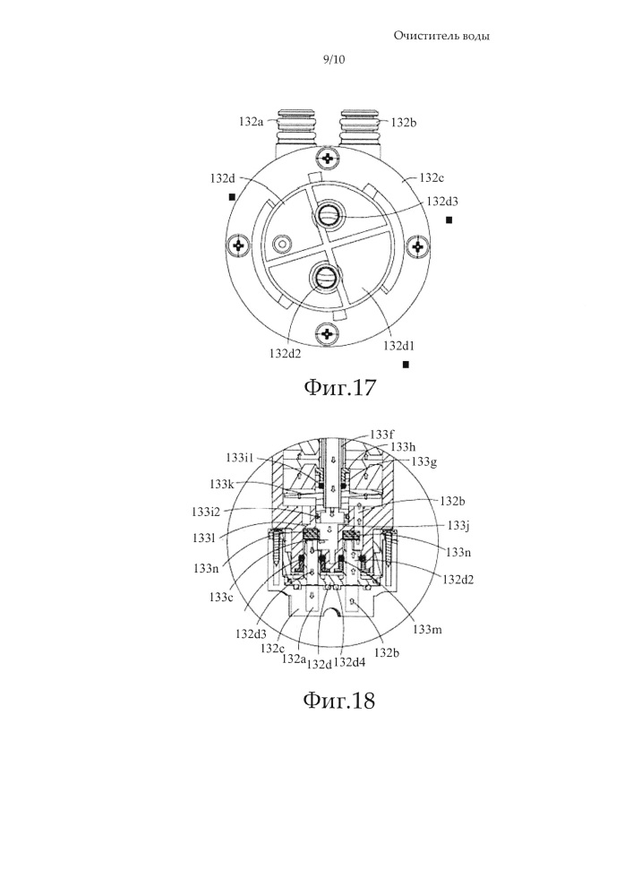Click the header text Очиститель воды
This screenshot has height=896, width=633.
[x=441, y=37]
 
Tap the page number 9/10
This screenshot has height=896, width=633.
[x=334, y=59]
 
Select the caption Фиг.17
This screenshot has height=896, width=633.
[x=339, y=387]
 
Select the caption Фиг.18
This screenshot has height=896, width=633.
[x=339, y=700]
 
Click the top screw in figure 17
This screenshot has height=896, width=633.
[x=328, y=157]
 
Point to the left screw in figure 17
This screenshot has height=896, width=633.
[x=238, y=246]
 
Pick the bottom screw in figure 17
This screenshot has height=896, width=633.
[x=328, y=333]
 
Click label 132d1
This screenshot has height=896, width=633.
[x=399, y=346]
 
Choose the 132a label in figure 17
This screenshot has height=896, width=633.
[x=252, y=122]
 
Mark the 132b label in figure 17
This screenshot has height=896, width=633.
[x=404, y=122]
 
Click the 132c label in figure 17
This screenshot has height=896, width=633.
[x=432, y=177]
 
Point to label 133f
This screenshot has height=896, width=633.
[x=381, y=435]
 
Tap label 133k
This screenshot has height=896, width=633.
[x=221, y=485]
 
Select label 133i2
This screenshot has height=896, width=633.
[x=206, y=512]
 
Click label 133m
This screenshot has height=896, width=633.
[x=427, y=630]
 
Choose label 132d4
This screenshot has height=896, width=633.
[x=350, y=662]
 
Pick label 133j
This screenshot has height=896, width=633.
[x=458, y=526]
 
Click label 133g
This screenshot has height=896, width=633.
[x=424, y=461]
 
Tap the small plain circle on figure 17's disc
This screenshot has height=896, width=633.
[x=280, y=244]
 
